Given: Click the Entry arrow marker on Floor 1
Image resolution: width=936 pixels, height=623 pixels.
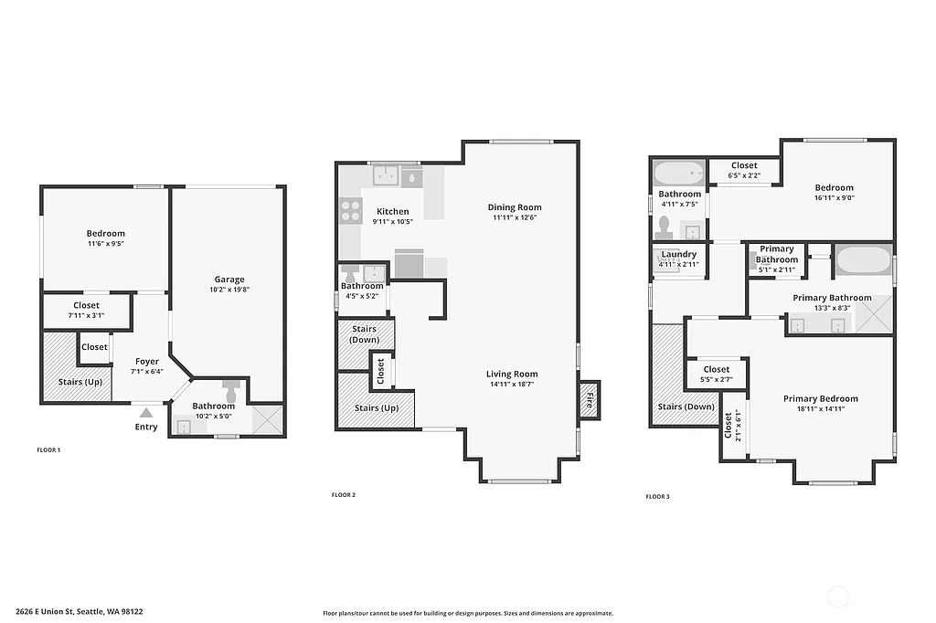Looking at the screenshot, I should tap(146, 413).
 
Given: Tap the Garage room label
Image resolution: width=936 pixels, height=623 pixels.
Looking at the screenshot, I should tap(229, 280).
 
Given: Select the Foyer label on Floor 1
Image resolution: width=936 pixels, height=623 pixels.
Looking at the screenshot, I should tap(147, 362).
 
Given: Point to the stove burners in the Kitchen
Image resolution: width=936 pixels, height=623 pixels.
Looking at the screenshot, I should tap(351, 211).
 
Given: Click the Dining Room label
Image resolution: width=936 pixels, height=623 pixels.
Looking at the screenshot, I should tap(514, 207).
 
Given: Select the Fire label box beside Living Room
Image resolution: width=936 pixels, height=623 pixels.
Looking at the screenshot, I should tap(590, 399).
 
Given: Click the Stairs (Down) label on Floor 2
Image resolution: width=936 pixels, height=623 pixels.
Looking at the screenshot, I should tap(366, 334).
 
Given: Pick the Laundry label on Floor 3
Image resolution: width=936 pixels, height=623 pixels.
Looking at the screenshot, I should tap(678, 254).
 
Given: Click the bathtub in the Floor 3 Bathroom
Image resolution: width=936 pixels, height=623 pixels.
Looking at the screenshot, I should tap(678, 173).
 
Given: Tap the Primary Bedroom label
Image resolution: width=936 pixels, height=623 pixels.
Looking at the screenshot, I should tap(820, 398).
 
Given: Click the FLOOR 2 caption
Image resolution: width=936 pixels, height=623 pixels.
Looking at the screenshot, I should tap(343, 495).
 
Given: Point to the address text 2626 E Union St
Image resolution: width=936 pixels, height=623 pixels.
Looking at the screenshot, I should tap(79, 613).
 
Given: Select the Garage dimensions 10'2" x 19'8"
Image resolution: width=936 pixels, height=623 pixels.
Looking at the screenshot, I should tap(229, 290).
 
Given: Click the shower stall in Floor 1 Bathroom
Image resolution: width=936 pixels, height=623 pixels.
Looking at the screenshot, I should tap(268, 420).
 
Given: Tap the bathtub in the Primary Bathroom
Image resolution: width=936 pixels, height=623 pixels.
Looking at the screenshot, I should tap(862, 261).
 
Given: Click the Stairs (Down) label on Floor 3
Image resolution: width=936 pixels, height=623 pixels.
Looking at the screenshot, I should tap(686, 407).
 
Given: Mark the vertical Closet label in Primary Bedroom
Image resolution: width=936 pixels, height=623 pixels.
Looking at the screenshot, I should tap(729, 425).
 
